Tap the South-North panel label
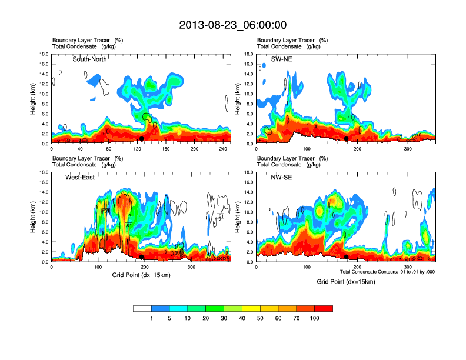coord(89,59)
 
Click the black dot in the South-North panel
coord(141,138)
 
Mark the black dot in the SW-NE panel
coord(347,138)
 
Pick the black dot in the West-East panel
coord(141,257)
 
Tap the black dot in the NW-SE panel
coord(347,257)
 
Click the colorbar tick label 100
coord(314,318)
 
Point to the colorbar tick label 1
coord(151,318)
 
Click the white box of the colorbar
coord(142,308)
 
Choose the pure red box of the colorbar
coord(324,308)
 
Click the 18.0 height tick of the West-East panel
coord(44,172)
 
